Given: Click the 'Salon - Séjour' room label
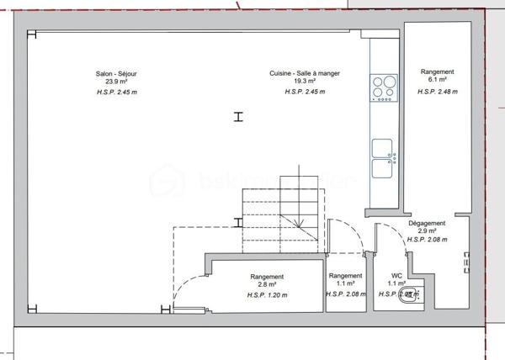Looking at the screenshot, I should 117,73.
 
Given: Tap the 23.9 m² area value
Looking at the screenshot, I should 117,82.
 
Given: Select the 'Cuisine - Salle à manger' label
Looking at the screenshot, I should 305,73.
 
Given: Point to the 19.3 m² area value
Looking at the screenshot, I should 305,82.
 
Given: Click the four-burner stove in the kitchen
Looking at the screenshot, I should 384,87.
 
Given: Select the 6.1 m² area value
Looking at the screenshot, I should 438,82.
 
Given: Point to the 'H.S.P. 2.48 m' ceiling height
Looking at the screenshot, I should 438,91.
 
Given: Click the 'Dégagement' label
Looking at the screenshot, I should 427,223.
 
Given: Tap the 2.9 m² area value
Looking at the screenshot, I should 427,231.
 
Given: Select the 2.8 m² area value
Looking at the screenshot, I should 268,286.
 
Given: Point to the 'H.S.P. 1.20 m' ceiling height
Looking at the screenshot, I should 268,295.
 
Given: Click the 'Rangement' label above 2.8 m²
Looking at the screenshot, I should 268,277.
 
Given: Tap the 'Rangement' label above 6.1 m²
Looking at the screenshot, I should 438,72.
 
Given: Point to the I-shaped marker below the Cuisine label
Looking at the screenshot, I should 239,117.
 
